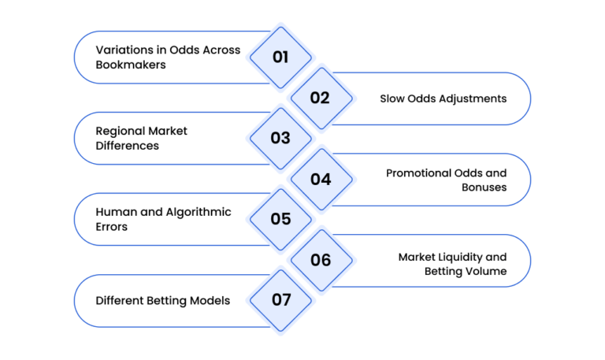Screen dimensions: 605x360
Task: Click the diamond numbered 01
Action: pyautogui.click(x=280, y=58)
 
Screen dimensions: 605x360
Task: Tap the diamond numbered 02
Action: pyautogui.click(x=321, y=98)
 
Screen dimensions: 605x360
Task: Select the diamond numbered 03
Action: pyautogui.click(x=280, y=139)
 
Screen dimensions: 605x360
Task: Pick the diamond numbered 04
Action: pyautogui.click(x=321, y=180)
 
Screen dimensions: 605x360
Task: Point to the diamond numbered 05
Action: pyautogui.click(x=280, y=220)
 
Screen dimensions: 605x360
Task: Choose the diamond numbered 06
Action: pyautogui.click(x=321, y=261)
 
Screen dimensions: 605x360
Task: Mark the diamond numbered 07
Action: pyautogui.click(x=280, y=301)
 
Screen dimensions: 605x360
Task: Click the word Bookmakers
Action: pyautogui.click(x=131, y=65)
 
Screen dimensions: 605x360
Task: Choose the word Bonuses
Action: pyautogui.click(x=484, y=187)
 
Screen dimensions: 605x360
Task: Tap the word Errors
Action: pyautogui.click(x=112, y=227)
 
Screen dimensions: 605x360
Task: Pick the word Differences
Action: pyautogui.click(x=128, y=146)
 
